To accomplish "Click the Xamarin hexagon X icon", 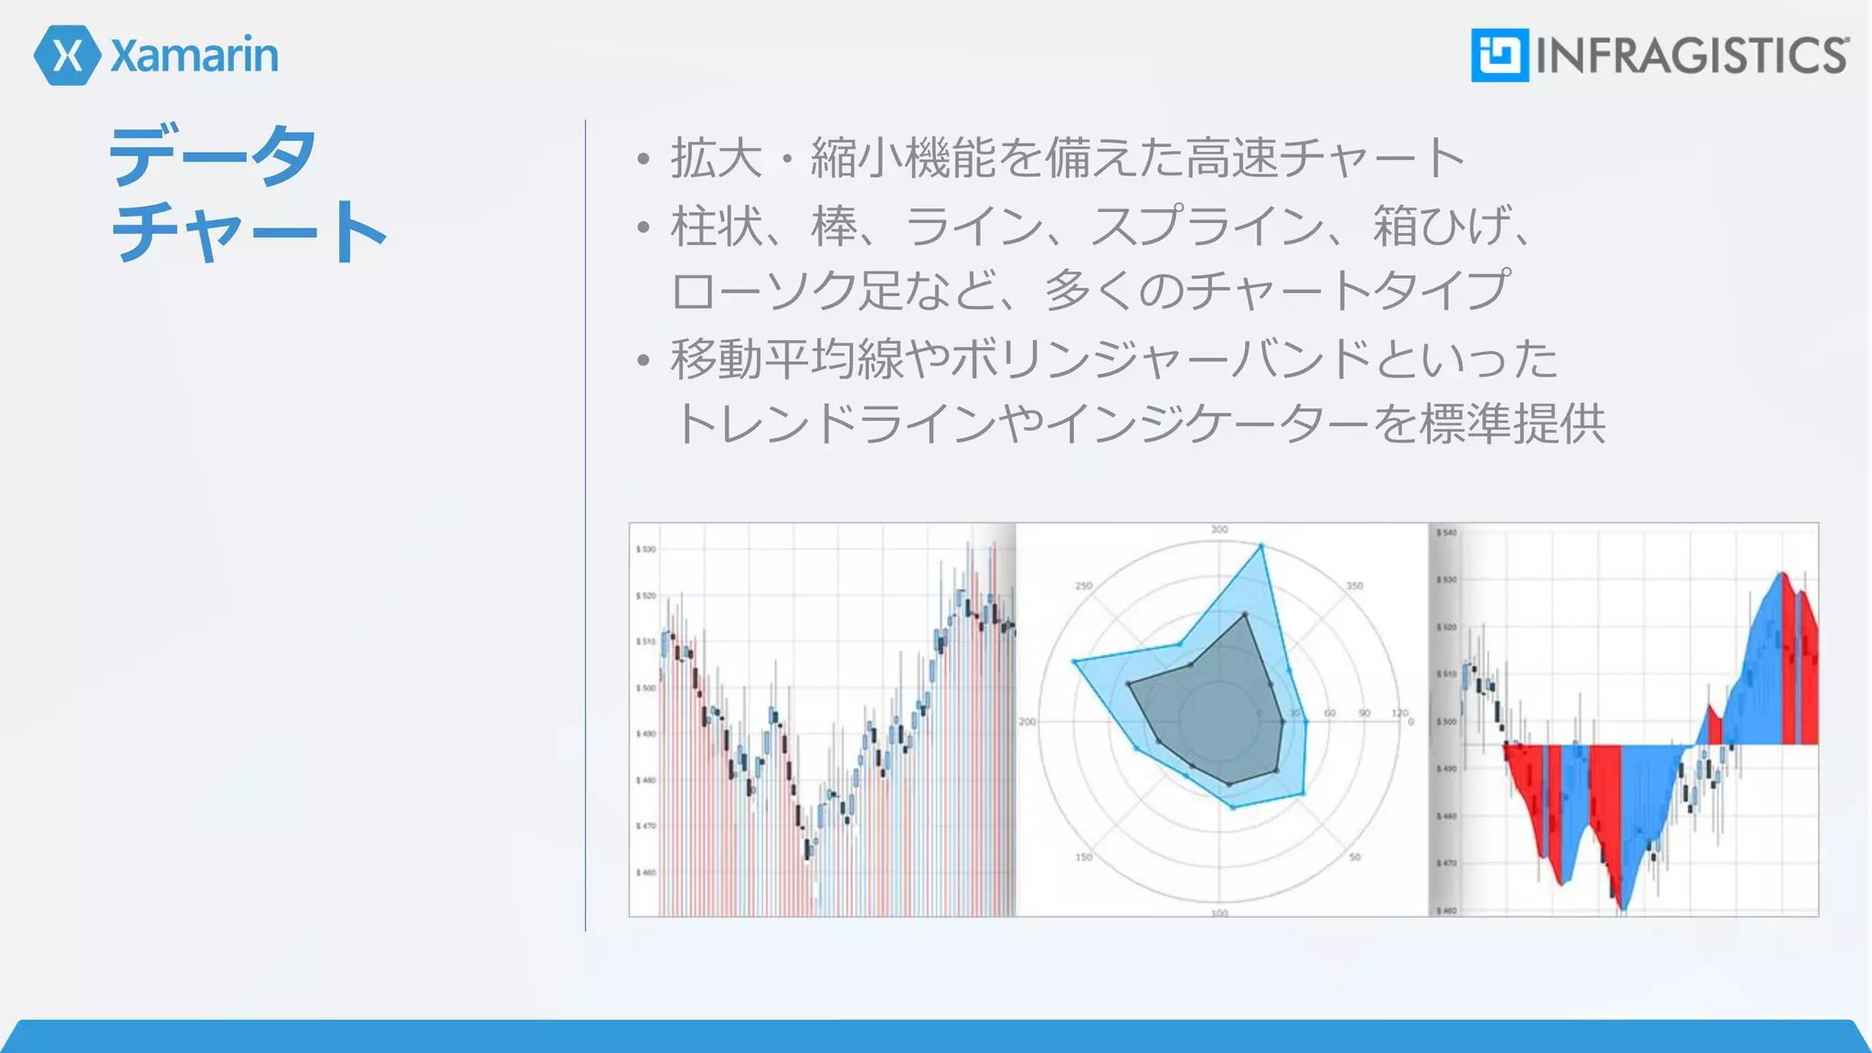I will (x=67, y=56).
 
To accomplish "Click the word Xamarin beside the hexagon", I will (x=195, y=56).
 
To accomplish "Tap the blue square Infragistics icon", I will (x=1499, y=55).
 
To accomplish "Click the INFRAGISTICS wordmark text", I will (x=1692, y=56).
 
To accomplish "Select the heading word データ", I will (x=213, y=156).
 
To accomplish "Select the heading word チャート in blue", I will (x=249, y=233).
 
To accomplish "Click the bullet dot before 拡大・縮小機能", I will (x=643, y=160).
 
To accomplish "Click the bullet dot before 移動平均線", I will (x=643, y=361).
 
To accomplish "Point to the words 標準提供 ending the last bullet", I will (x=1513, y=423).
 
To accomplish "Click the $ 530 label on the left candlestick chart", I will (x=646, y=549).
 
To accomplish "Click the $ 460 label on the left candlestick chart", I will (x=646, y=873).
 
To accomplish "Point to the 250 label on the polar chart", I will (x=1083, y=586).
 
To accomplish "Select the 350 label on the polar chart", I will (x=1355, y=586).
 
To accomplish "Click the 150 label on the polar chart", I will (x=1083, y=857).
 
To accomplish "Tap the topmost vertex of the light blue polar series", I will (x=1261, y=547).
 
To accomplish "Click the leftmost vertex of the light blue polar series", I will (x=1074, y=661).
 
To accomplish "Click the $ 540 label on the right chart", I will (x=1447, y=532).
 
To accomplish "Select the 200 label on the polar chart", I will (x=1027, y=722).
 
